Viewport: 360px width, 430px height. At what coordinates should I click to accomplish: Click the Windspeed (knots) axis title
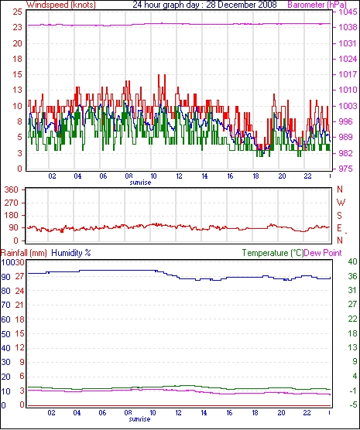pyautogui.click(x=61, y=5)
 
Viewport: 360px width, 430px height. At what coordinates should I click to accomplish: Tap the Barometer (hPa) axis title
pyautogui.click(x=317, y=5)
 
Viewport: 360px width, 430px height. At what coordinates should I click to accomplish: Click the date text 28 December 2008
pyautogui.click(x=242, y=5)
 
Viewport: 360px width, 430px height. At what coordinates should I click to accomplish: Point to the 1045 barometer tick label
pyautogui.click(x=348, y=12)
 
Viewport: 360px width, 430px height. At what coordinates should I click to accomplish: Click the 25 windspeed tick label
pyautogui.click(x=17, y=12)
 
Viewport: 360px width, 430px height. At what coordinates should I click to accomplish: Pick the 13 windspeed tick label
pyautogui.click(x=17, y=90)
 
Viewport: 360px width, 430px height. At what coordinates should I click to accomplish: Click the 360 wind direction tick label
pyautogui.click(x=12, y=189)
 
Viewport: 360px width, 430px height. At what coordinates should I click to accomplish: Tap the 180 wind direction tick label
pyautogui.click(x=12, y=215)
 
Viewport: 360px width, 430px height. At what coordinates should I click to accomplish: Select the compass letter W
pyautogui.click(x=341, y=203)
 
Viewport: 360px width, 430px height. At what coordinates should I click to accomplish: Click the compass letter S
pyautogui.click(x=340, y=216)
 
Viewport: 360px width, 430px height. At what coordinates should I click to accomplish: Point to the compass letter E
pyautogui.click(x=340, y=228)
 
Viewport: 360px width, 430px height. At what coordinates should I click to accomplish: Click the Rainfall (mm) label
pyautogui.click(x=24, y=253)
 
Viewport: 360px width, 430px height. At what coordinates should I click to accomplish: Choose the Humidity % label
pyautogui.click(x=71, y=253)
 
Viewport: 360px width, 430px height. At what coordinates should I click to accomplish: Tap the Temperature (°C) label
pyautogui.click(x=273, y=253)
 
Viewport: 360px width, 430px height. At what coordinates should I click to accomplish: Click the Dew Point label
pyautogui.click(x=323, y=253)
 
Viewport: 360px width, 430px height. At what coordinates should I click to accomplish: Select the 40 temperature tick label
pyautogui.click(x=352, y=261)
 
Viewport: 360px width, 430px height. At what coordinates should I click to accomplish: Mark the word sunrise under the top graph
pyautogui.click(x=140, y=183)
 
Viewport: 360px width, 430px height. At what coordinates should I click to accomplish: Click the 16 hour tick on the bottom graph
pyautogui.click(x=229, y=412)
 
